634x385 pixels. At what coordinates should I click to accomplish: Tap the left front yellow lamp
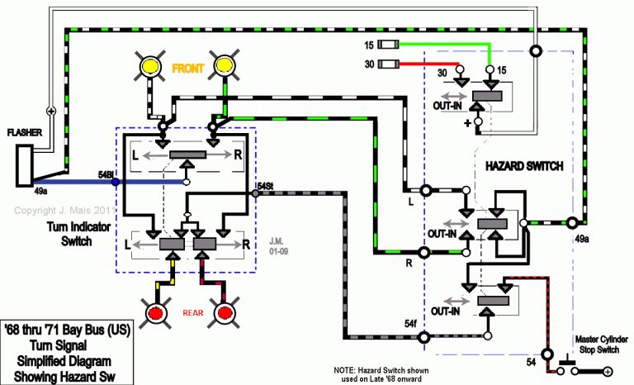point(151,65)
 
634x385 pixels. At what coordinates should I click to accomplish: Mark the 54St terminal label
point(265,186)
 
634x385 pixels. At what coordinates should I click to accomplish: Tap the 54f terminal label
point(412,325)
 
